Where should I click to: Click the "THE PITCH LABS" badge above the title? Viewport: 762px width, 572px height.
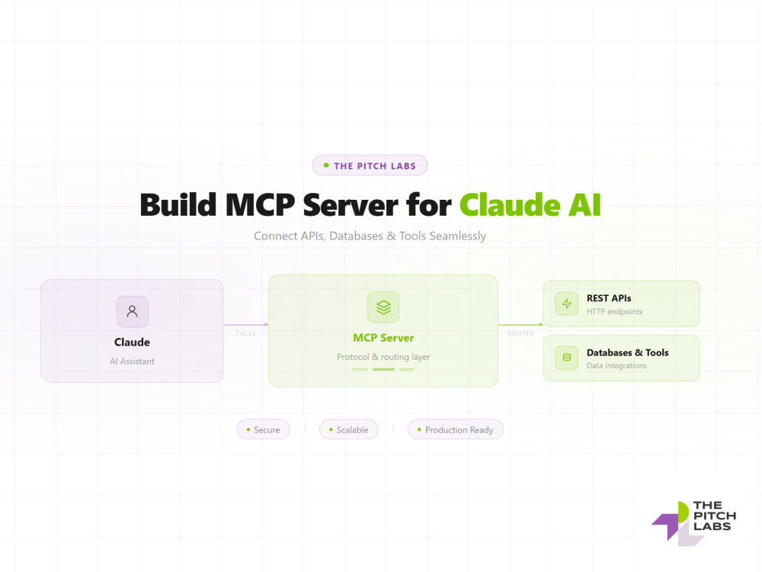tap(370, 165)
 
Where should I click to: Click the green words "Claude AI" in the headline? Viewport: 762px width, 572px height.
tap(530, 204)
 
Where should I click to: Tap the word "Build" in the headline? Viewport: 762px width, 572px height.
tap(178, 204)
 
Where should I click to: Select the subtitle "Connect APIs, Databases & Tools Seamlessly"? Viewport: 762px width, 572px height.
tap(370, 236)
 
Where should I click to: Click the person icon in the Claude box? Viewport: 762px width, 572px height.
tap(132, 311)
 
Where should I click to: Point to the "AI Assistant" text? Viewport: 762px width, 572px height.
tap(132, 362)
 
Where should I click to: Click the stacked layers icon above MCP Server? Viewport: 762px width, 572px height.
tap(383, 307)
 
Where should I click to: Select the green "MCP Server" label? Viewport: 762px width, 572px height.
tap(383, 338)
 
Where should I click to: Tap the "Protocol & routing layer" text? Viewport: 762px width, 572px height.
tap(383, 357)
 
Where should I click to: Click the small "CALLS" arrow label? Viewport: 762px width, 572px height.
tap(246, 334)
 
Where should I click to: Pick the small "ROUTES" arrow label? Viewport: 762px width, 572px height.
tap(520, 334)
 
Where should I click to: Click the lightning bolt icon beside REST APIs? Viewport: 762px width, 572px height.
tap(567, 304)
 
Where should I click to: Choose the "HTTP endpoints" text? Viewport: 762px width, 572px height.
tap(614, 312)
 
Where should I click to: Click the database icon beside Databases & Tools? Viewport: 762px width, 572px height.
tap(567, 358)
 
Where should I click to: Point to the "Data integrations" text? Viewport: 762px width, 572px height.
tap(616, 366)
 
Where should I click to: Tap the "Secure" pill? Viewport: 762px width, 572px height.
tap(264, 429)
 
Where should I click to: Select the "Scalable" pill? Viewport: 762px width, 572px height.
tap(348, 429)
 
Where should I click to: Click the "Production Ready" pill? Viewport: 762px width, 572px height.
tap(456, 429)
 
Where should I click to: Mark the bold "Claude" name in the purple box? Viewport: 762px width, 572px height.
tap(132, 342)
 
